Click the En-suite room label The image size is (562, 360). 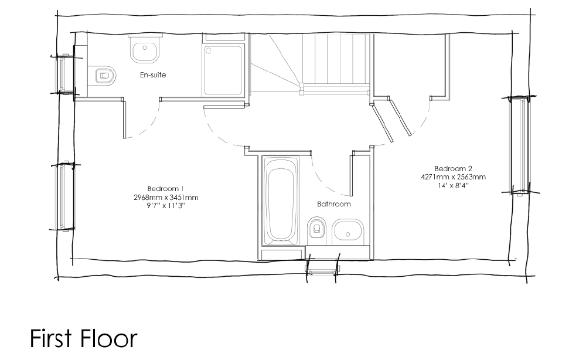pyautogui.click(x=153, y=75)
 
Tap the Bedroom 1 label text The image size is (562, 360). pyautogui.click(x=166, y=189)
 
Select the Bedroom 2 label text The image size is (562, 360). pyautogui.click(x=454, y=168)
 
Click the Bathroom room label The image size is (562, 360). pyautogui.click(x=333, y=204)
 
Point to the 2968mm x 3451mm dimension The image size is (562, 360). pyautogui.click(x=166, y=197)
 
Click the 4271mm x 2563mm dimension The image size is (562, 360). pyautogui.click(x=454, y=176)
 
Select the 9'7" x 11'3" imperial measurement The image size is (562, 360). pyautogui.click(x=166, y=206)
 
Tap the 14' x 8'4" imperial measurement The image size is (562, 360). pyautogui.click(x=454, y=185)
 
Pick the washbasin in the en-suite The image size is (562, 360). pyautogui.click(x=145, y=50)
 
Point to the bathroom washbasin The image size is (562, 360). pyautogui.click(x=348, y=232)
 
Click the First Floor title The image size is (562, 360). pyautogui.click(x=84, y=338)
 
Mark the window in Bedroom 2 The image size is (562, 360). pyautogui.click(x=520, y=145)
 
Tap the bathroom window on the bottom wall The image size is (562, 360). pyautogui.click(x=322, y=269)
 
